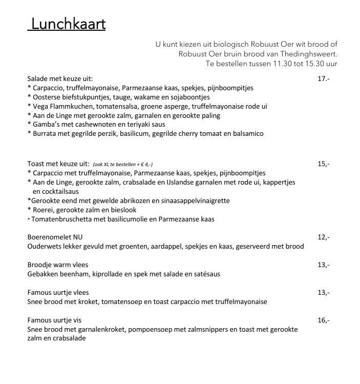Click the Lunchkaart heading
pyautogui.click(x=67, y=24)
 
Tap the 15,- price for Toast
pyautogui.click(x=323, y=164)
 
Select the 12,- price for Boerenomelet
pyautogui.click(x=323, y=237)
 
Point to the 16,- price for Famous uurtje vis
pyautogui.click(x=323, y=320)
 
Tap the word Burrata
pyautogui.click(x=44, y=134)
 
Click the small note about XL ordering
pyautogui.click(x=123, y=164)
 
